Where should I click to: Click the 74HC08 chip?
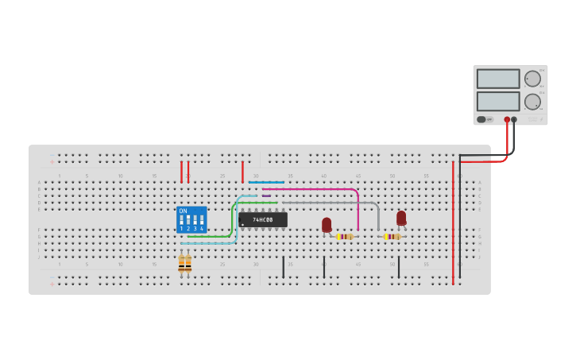point(263,219)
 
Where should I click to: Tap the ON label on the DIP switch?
point(184,211)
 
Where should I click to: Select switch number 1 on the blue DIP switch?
point(182,220)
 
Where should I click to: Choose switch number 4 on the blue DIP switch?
point(202,220)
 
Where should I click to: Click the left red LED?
point(327,225)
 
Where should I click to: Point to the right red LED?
point(401,218)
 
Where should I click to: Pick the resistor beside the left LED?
point(345,236)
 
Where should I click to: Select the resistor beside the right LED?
point(392,236)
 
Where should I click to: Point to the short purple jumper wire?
point(266,195)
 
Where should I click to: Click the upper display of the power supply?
point(498,79)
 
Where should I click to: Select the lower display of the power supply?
point(498,102)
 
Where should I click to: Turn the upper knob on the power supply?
point(532,79)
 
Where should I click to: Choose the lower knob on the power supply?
point(532,102)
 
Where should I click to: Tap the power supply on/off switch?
point(481,119)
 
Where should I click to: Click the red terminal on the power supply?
point(507,119)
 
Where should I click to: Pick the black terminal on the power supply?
point(514,119)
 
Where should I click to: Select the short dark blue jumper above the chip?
point(266,182)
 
